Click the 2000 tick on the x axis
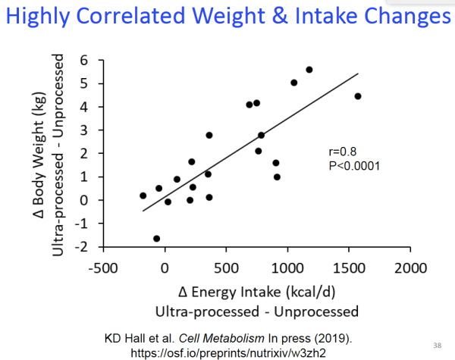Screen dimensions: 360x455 tap(412, 268)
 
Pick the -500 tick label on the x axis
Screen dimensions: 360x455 tap(101, 268)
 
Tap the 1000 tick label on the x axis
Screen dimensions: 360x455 tap(288, 268)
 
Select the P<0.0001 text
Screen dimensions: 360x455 tap(350, 165)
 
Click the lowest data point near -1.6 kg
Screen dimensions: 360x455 tap(157, 239)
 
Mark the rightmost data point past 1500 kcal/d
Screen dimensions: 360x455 tap(358, 96)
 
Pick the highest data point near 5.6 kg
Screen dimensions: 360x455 tap(309, 70)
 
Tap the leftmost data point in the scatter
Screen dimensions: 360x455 tap(143, 196)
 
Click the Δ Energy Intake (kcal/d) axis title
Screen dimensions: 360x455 tap(256, 293)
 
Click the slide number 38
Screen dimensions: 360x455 tap(438, 342)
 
